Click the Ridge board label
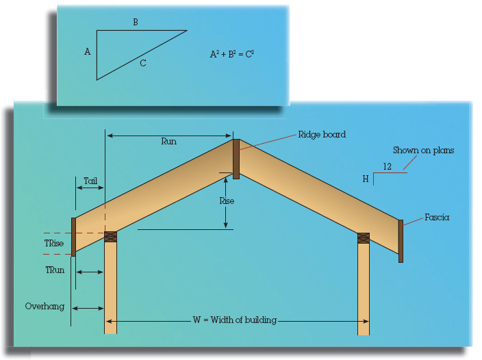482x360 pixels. [x=322, y=135]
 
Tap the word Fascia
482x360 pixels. [x=437, y=218]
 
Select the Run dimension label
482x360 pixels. [x=168, y=141]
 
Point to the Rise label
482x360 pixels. [x=227, y=201]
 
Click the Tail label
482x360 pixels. [x=90, y=181]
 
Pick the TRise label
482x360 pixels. [x=54, y=243]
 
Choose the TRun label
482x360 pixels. [x=55, y=270]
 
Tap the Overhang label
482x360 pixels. [x=45, y=307]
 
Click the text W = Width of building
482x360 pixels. [x=235, y=320]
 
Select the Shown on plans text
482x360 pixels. [x=423, y=150]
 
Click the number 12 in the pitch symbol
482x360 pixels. [x=387, y=166]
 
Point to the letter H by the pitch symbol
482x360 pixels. [x=366, y=179]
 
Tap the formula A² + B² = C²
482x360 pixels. [x=232, y=54]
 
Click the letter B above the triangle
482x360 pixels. [x=136, y=22]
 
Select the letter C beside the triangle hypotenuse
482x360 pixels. [x=143, y=63]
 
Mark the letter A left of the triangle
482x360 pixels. [x=88, y=51]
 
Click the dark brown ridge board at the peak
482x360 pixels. [x=236, y=159]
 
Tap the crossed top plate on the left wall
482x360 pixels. [x=111, y=237]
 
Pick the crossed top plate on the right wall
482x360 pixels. [x=364, y=238]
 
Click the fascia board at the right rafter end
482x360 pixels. [x=401, y=241]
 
